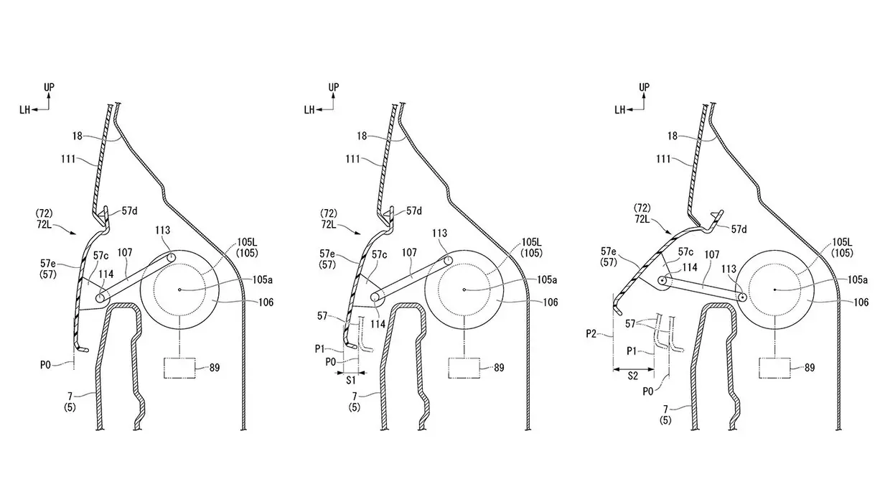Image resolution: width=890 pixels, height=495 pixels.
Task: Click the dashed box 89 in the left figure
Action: [180, 368]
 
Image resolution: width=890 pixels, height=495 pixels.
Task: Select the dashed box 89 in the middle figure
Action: [464, 368]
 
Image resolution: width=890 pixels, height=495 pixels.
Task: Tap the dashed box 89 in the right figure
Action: [774, 368]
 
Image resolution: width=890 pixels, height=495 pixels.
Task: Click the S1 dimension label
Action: [351, 381]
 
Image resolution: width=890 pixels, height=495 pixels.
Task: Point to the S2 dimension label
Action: [633, 376]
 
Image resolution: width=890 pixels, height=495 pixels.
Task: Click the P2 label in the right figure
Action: [591, 334]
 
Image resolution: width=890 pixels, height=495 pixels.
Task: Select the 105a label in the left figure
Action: [262, 279]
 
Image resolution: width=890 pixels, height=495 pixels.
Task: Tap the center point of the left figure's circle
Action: [179, 290]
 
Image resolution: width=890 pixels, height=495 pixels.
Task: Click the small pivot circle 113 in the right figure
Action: [742, 297]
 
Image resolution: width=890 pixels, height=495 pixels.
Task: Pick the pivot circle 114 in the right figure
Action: [663, 280]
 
